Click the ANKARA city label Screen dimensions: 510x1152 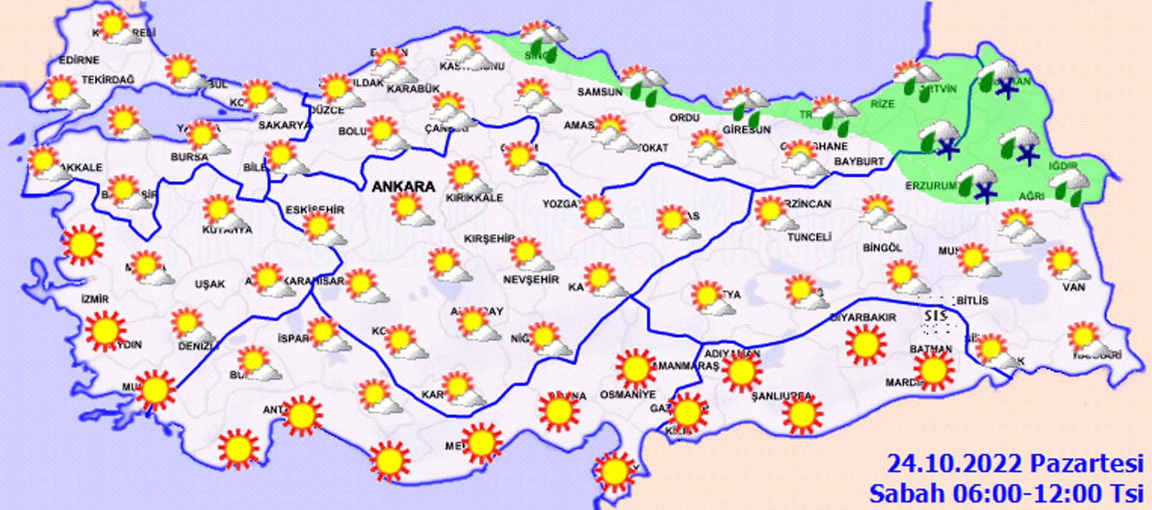point(403,187)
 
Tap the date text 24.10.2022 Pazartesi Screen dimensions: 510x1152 point(1015,464)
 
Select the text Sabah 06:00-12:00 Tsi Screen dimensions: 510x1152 point(1006,494)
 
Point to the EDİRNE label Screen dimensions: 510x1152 point(79,61)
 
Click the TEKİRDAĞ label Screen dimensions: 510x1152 point(108,80)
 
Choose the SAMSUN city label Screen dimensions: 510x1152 point(599,92)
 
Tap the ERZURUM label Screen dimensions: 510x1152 point(931,186)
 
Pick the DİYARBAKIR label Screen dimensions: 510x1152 point(863,317)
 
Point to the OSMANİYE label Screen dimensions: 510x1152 point(628,395)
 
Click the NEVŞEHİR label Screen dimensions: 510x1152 point(530,280)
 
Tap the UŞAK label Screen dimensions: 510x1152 point(209,284)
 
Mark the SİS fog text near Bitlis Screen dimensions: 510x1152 point(935,316)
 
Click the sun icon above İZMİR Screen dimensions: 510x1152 point(82,244)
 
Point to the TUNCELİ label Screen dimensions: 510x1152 point(809,237)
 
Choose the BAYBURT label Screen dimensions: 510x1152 point(859,162)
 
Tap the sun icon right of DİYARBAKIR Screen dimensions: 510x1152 point(865,345)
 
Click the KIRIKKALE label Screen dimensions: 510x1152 point(474,198)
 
